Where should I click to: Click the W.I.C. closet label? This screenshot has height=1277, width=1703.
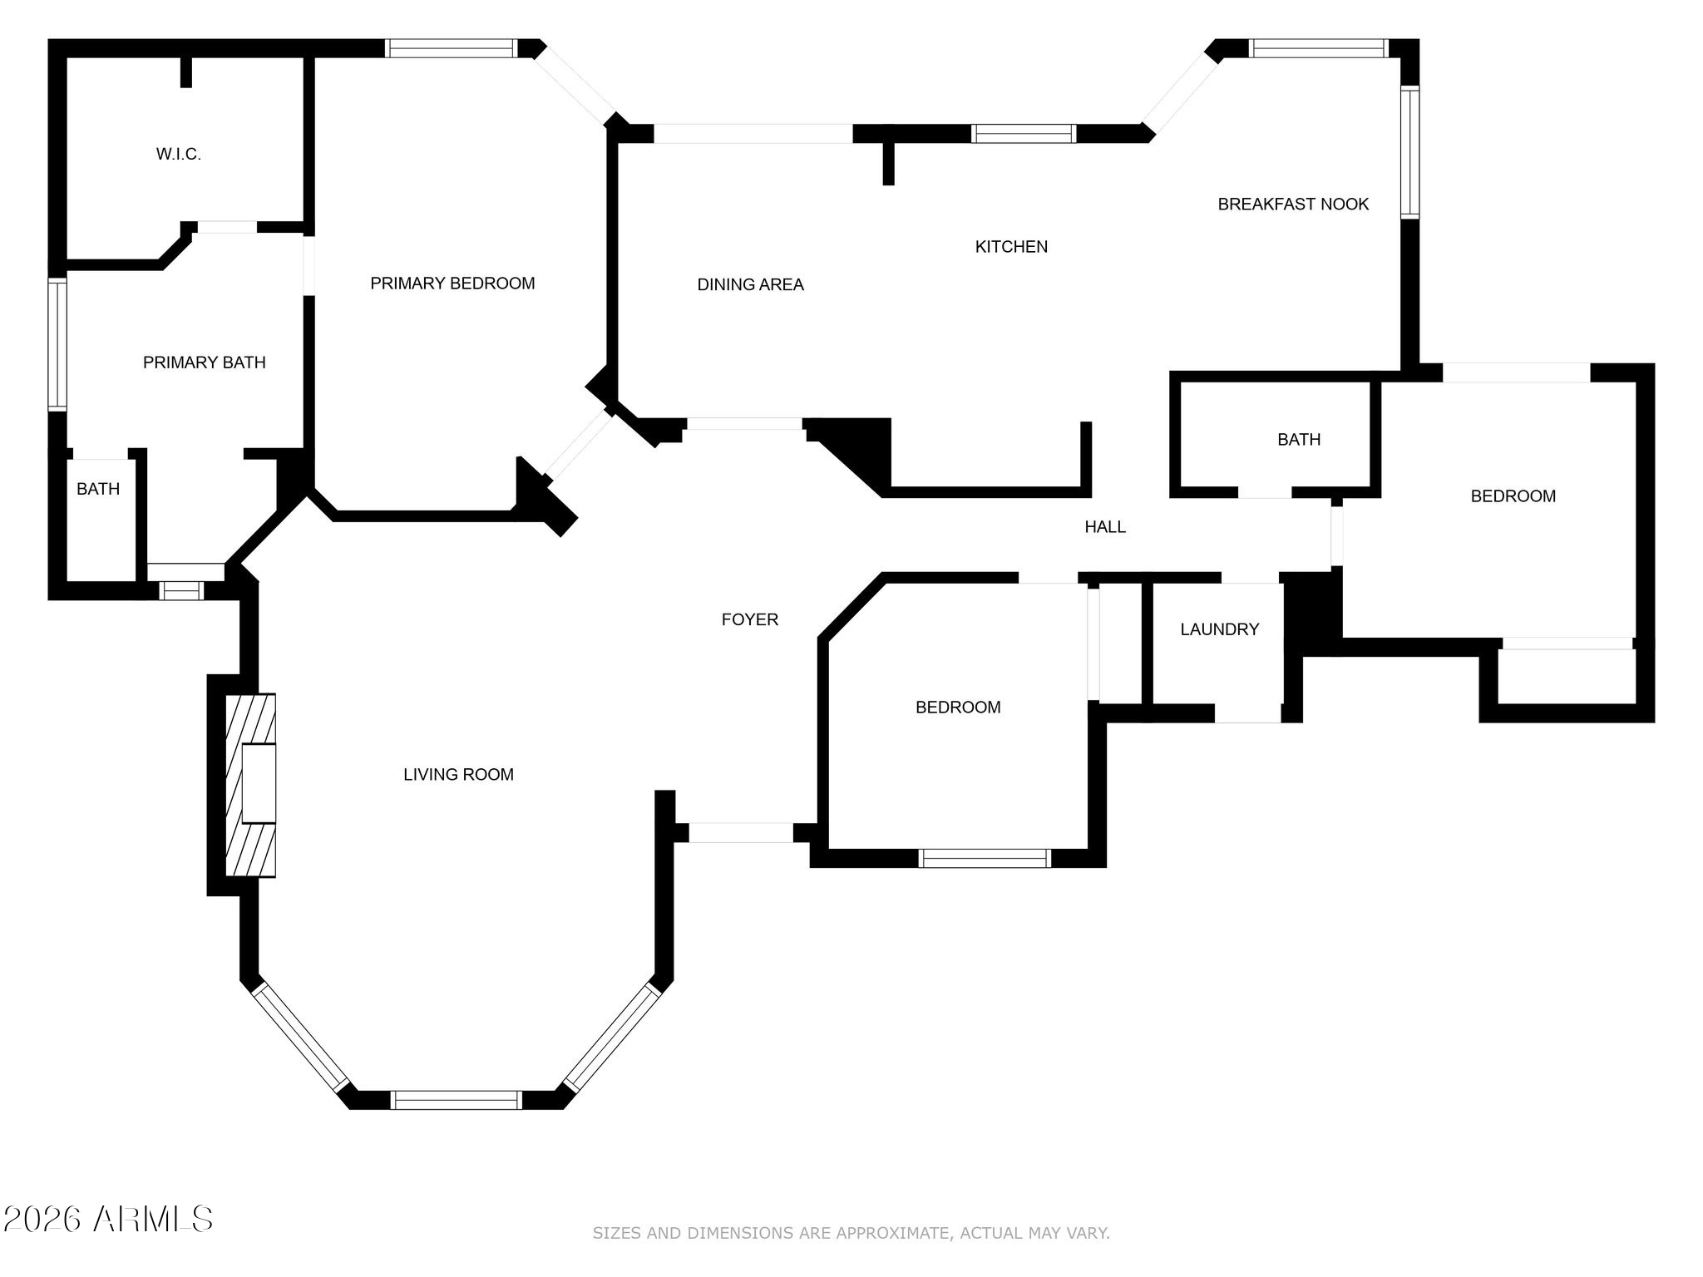[178, 155]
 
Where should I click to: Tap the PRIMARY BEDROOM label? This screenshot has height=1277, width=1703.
[452, 284]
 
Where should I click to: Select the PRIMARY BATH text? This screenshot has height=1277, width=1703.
[204, 362]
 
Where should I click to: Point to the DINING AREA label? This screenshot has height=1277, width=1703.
[750, 285]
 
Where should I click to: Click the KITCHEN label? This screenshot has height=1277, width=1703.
[1011, 247]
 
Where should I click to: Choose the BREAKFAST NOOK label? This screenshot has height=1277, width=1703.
[1293, 205]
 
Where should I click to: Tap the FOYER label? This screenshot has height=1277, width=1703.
[749, 619]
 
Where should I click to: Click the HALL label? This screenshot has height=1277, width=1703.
[1104, 527]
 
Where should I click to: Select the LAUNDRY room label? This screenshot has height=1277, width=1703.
[1219, 629]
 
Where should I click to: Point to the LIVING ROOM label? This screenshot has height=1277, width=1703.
[458, 775]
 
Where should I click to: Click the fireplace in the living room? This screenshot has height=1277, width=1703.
[251, 785]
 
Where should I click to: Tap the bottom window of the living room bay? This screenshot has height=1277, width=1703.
[456, 1100]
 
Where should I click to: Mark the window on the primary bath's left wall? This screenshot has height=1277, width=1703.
[57, 344]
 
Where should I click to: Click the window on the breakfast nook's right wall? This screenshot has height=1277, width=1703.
[1409, 152]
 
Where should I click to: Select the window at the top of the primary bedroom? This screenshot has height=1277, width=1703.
[452, 48]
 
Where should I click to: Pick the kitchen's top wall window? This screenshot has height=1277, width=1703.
[1023, 134]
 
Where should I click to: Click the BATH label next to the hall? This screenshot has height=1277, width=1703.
[1299, 440]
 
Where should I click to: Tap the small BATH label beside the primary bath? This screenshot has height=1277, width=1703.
[98, 490]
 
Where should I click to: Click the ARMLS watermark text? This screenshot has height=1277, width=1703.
[153, 1220]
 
